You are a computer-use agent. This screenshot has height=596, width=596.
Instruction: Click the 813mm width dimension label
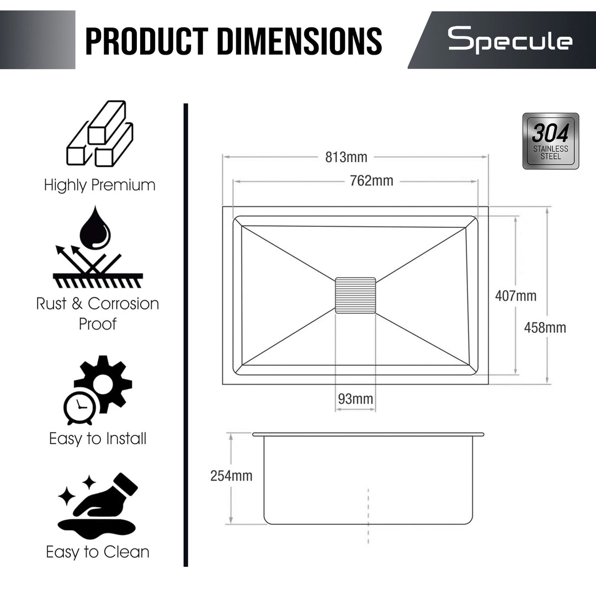(x=346, y=157)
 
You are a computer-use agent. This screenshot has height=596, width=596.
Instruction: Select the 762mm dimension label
(x=371, y=180)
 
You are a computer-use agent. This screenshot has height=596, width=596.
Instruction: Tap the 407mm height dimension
(x=515, y=296)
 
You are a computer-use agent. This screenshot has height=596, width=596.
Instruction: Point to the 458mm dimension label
(x=545, y=327)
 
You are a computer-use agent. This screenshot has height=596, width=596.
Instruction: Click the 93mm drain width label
(x=355, y=399)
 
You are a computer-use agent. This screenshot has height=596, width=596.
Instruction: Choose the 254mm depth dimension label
(x=231, y=476)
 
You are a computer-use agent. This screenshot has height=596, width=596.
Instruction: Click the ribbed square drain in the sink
(x=355, y=295)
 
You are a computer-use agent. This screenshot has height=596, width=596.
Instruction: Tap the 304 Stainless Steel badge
(x=550, y=141)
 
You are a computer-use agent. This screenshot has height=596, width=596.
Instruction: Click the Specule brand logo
(x=510, y=40)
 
